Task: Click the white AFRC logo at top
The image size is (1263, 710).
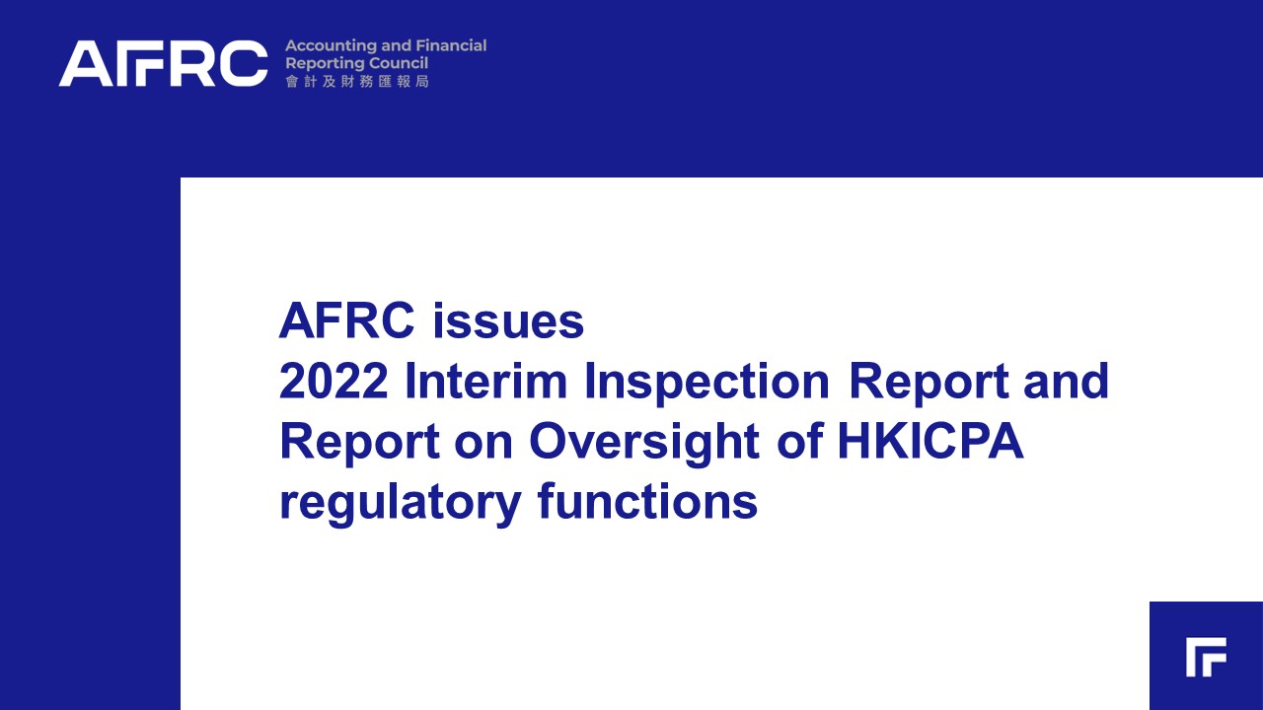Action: [163, 63]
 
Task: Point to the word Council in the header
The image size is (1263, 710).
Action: [403, 63]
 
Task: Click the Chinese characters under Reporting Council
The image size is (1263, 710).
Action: [357, 82]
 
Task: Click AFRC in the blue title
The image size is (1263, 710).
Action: [346, 320]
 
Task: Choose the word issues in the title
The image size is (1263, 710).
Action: [508, 321]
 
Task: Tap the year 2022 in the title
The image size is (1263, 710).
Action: [334, 381]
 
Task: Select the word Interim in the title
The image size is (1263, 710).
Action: [486, 381]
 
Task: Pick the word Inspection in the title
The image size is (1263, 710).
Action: [707, 385]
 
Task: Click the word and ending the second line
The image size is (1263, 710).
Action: [1067, 381]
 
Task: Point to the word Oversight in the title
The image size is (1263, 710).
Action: [644, 445]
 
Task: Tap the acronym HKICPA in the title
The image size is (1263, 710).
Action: [930, 441]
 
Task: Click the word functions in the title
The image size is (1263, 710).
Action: [648, 501]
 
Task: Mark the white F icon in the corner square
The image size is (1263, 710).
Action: [1206, 657]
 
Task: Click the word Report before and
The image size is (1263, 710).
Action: [929, 385]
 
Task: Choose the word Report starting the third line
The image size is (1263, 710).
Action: [359, 445]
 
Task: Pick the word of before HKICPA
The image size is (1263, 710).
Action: [799, 441]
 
